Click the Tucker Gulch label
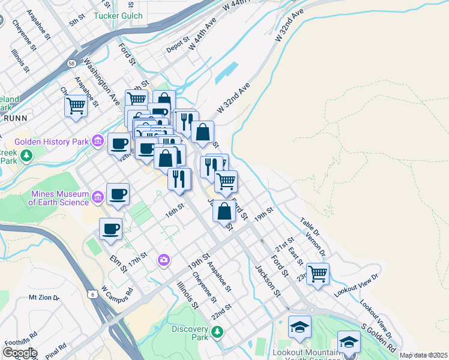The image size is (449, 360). point(118,16)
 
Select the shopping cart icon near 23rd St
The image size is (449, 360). point(318,273)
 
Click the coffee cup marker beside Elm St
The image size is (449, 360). point(110,229)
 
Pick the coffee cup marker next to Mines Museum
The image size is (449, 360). point(118,194)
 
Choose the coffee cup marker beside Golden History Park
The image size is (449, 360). point(119,143)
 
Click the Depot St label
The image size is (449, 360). point(178,46)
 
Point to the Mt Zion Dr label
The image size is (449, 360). point(44,298)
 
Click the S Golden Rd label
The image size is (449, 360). point(379,339)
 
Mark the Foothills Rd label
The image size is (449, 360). point(21,343)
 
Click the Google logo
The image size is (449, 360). point(20,353)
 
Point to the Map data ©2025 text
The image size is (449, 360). point(423,355)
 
